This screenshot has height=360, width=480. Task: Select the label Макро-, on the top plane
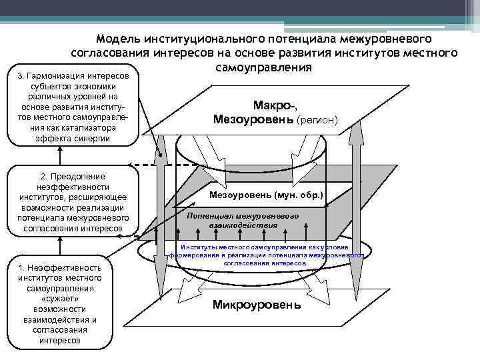[x=275, y=105]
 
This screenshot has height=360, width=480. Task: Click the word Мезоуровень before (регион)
[x=253, y=120]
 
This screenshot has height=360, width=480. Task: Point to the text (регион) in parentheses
[x=318, y=121]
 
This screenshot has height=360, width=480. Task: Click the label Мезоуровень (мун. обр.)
[x=266, y=195]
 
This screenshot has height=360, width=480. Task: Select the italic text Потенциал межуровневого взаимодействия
[x=242, y=221]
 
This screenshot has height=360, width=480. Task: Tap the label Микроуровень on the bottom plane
[x=256, y=305]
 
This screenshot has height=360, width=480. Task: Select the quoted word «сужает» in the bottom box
[x=60, y=299]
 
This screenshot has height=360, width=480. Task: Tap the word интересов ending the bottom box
[x=60, y=341]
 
